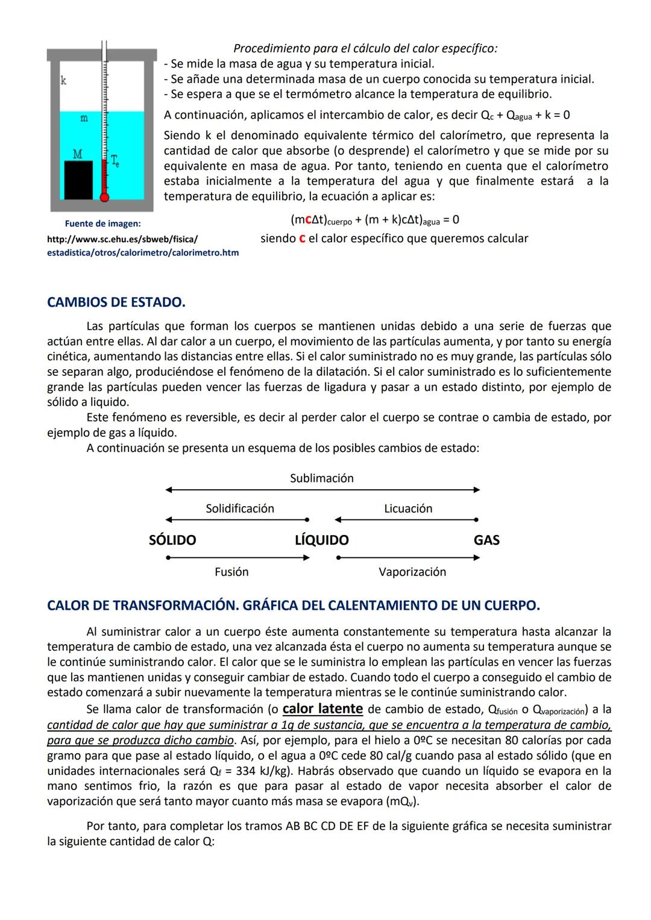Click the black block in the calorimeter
78,180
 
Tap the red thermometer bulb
104,196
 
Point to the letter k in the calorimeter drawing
63,80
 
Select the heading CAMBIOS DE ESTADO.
116,302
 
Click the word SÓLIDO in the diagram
172,540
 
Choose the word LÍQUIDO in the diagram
321,540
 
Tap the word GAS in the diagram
486,540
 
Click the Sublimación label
322,478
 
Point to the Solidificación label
240,509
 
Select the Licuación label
408,509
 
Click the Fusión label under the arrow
231,572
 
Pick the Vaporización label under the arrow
412,572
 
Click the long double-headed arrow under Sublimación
322,490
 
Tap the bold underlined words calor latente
322,709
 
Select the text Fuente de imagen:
102,224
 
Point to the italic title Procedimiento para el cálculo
365,48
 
